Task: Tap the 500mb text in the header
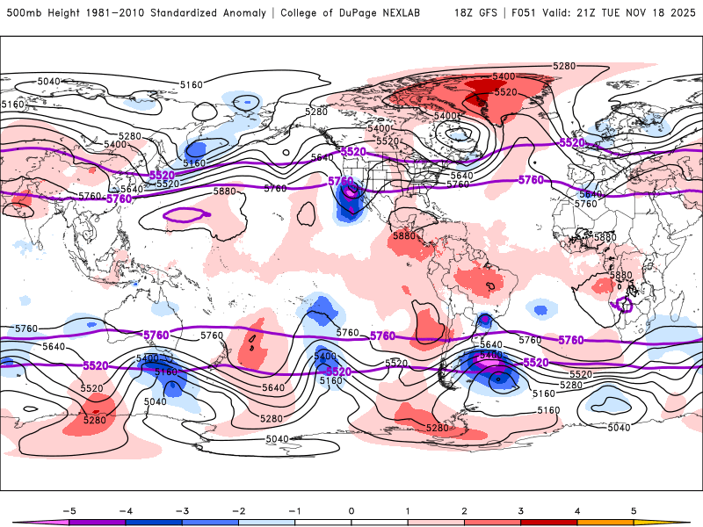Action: point(22,13)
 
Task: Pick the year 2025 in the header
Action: point(685,13)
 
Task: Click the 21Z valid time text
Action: point(594,13)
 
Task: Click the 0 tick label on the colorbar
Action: point(351,509)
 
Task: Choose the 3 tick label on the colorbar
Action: point(520,509)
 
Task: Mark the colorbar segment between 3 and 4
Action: point(548,522)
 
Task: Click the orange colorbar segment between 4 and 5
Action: point(605,522)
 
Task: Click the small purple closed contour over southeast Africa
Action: point(625,305)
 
